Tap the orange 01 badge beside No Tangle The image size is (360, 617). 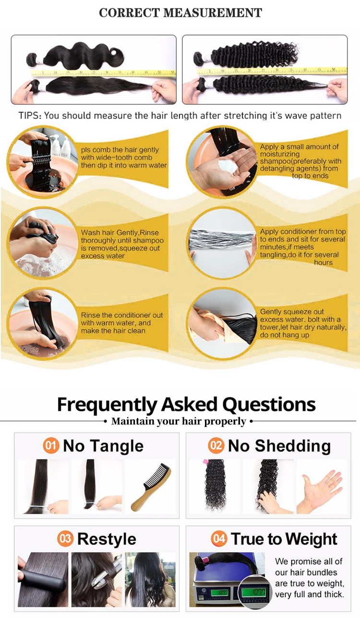pos(51,446)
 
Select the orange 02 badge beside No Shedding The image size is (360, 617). pos(216,446)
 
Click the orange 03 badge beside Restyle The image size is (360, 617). pos(65,539)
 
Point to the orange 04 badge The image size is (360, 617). pos(219,539)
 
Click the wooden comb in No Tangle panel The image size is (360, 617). pos(151,487)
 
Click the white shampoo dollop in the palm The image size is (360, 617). pos(228,166)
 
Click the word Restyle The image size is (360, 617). pos(107,539)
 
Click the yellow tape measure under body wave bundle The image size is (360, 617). pos(103,73)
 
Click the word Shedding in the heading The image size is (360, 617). pos(293,446)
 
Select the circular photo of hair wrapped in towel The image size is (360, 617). pos(223,324)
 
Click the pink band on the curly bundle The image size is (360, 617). pos(205,461)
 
